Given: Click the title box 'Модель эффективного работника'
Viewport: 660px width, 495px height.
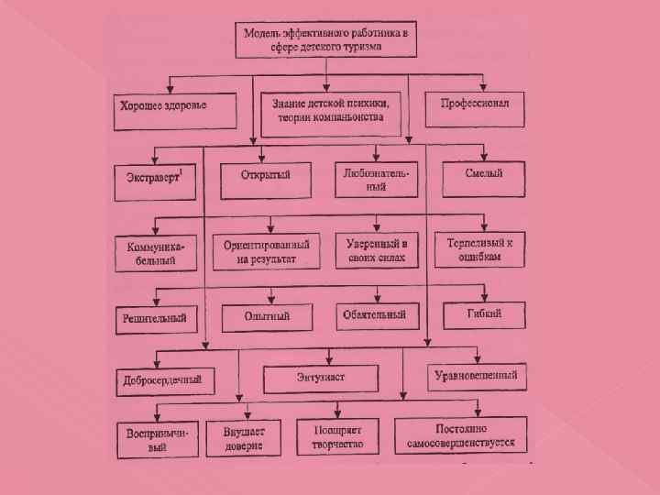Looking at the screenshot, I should pyautogui.click(x=326, y=40).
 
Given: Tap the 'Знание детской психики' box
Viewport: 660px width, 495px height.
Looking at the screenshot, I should pyautogui.click(x=330, y=109).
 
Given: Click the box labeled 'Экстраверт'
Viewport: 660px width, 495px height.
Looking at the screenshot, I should pyautogui.click(x=155, y=177).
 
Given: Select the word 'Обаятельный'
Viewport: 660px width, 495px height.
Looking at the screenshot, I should pyautogui.click(x=374, y=315).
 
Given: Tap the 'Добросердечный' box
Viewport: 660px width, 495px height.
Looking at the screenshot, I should pyautogui.click(x=163, y=379).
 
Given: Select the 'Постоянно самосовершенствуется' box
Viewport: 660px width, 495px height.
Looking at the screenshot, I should pyautogui.click(x=461, y=435).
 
